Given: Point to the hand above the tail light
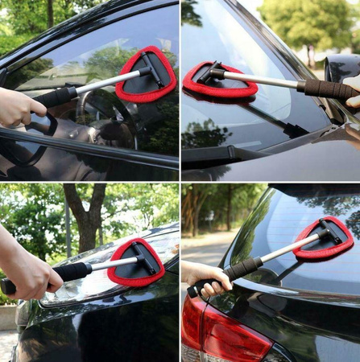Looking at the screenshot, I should (205, 278).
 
